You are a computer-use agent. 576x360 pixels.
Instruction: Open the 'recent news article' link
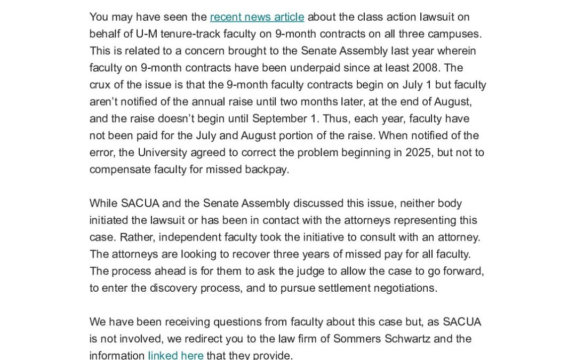[257, 17]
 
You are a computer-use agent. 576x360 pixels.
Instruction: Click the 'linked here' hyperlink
[175, 355]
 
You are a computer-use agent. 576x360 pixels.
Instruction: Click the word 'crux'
[101, 85]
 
